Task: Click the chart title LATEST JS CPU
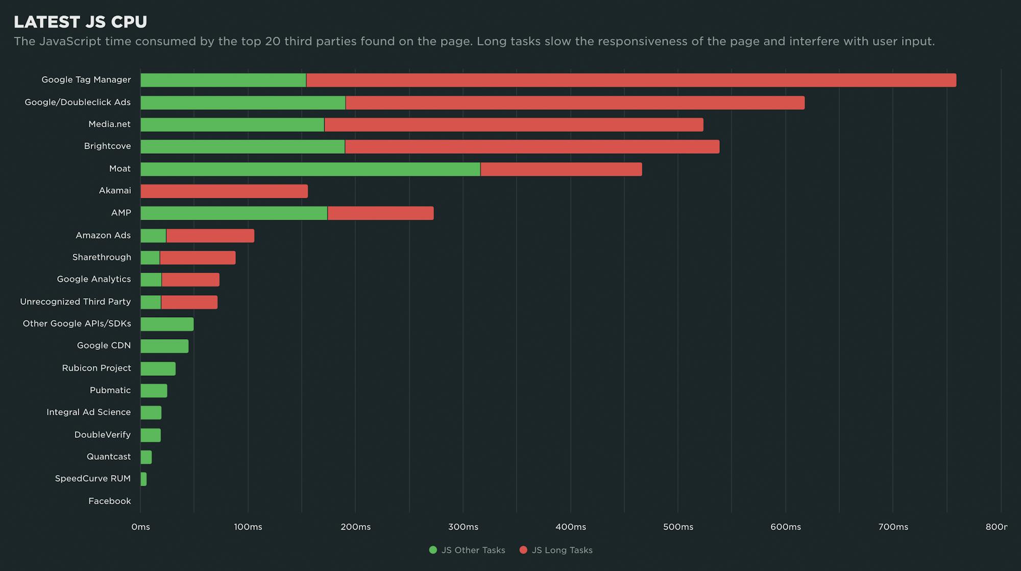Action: (80, 22)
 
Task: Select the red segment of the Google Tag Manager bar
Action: (631, 80)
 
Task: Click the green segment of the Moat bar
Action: (310, 169)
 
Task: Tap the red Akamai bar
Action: (224, 191)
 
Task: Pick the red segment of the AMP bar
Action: (380, 213)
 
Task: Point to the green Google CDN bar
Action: (164, 346)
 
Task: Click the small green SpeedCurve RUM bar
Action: (143, 479)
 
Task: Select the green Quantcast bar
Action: (146, 457)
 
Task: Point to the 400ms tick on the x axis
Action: (571, 527)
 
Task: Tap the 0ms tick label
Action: (140, 527)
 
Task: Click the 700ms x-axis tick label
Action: (893, 527)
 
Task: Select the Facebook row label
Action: (109, 501)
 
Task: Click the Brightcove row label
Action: (107, 146)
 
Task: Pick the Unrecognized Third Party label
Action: (75, 302)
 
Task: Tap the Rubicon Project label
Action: (96, 368)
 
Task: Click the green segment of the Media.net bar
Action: (232, 125)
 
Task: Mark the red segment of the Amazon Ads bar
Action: (210, 235)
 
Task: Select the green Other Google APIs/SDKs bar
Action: (167, 324)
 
